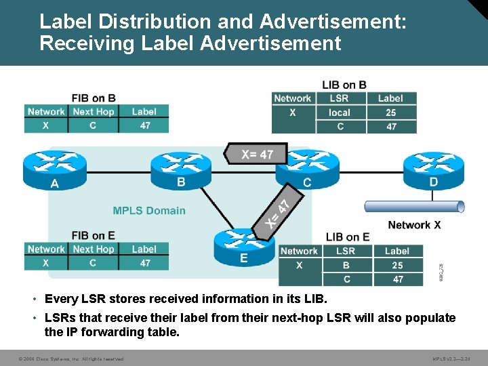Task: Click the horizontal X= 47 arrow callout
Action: pos(256,154)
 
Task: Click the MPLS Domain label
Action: pos(149,211)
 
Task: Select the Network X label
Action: pos(414,225)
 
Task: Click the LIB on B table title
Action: pos(344,85)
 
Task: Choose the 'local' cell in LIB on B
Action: pos(340,113)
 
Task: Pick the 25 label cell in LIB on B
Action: pos(391,113)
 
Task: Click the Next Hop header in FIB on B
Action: pos(94,112)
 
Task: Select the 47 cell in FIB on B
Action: pos(144,125)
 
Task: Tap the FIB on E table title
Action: pos(94,235)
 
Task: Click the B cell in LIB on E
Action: pos(346,265)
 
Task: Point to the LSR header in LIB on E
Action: pos(346,251)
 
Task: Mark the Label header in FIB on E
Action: pos(144,249)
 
